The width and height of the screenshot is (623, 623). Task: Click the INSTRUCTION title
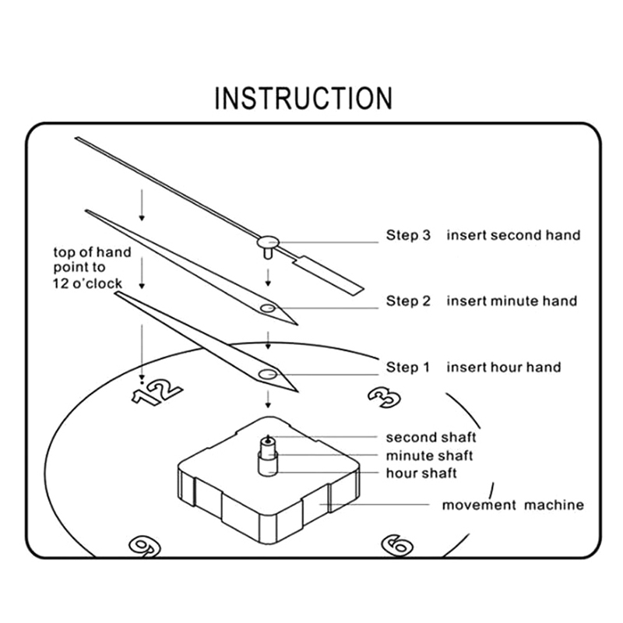[x=304, y=99]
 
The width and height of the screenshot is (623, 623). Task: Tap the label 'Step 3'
[x=408, y=235]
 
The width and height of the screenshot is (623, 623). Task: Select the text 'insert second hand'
[x=513, y=235]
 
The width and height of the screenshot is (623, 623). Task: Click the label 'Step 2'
[x=408, y=301]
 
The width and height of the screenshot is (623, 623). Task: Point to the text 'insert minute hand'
[x=512, y=301]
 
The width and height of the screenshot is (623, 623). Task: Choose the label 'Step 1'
[x=408, y=367]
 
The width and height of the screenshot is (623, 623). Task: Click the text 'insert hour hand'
[x=503, y=367]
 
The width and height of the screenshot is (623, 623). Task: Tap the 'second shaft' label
[x=431, y=438]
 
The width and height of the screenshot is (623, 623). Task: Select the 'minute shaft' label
[x=429, y=456]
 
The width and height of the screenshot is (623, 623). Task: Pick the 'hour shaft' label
[x=421, y=473]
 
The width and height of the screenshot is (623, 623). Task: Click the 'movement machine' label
[x=512, y=505]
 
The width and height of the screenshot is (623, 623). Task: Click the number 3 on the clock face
[x=382, y=397]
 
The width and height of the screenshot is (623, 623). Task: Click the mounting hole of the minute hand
[x=268, y=309]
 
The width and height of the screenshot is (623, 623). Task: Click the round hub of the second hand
[x=269, y=242]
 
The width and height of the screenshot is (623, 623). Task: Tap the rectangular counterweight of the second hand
[x=330, y=273]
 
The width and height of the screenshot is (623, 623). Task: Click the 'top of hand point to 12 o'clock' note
[x=92, y=268]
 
